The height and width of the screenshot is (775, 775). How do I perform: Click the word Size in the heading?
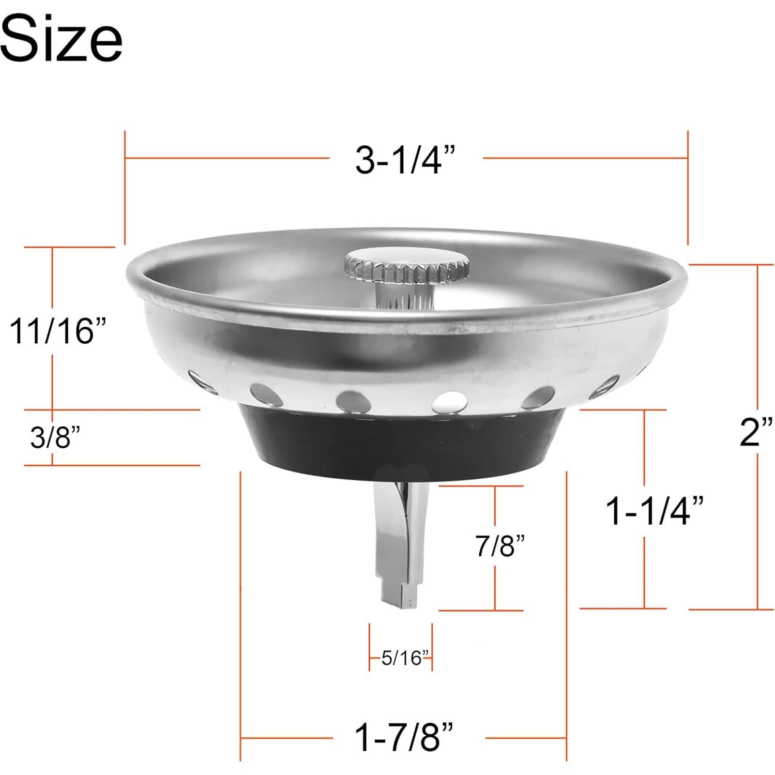[61, 37]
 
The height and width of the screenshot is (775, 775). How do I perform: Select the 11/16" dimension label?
[57, 331]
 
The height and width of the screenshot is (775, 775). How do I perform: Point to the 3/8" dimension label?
[55, 437]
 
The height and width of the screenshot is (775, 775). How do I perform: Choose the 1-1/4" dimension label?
[654, 511]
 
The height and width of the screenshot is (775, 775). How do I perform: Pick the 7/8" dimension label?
[499, 545]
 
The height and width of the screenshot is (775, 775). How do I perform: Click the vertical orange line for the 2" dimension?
[758, 362]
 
